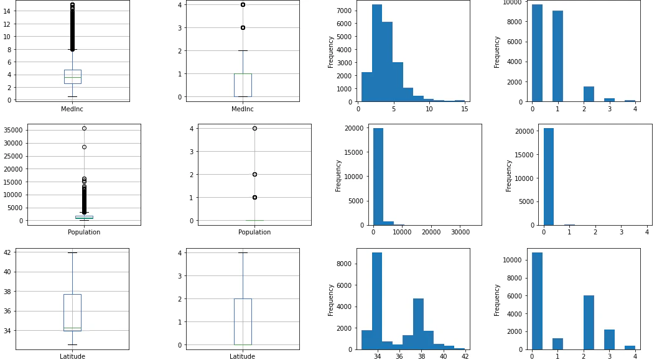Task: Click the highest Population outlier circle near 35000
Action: click(85, 128)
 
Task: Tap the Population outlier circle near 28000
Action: click(85, 147)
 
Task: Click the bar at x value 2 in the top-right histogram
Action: click(589, 94)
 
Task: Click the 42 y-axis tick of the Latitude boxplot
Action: click(7, 252)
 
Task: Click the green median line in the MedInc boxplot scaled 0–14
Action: click(73, 77)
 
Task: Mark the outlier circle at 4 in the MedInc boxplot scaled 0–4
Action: click(243, 4)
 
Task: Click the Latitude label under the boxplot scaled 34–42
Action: click(72, 356)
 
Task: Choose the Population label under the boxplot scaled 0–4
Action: click(254, 232)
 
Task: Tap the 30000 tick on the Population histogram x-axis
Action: click(460, 232)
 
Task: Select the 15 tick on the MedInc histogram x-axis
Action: click(464, 108)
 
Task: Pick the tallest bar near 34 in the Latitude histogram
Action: click(377, 301)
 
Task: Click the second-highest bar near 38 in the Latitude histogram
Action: click(418, 324)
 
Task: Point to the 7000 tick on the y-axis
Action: click(343, 11)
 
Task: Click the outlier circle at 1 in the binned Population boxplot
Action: click(254, 198)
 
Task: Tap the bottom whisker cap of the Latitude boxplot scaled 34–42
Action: click(73, 345)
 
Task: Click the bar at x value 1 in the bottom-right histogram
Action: click(557, 344)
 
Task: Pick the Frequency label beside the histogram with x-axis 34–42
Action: click(330, 300)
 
